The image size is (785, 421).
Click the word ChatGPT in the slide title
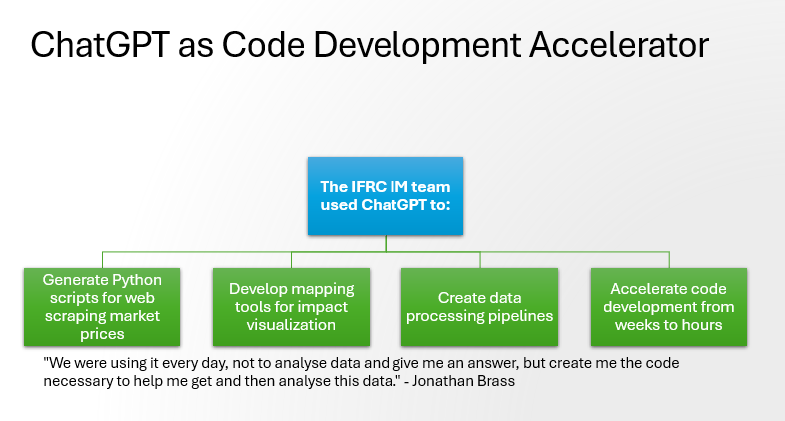click(x=100, y=44)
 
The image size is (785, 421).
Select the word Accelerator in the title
click(x=619, y=44)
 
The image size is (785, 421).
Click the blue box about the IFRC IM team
click(x=386, y=196)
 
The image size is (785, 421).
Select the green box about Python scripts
click(x=102, y=307)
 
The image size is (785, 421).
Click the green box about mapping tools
click(x=291, y=307)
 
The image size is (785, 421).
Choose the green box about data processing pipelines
click(x=479, y=307)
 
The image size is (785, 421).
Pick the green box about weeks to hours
click(x=669, y=307)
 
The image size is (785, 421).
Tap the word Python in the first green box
click(x=136, y=281)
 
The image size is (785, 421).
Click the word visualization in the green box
click(x=291, y=325)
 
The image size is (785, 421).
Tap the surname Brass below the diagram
click(x=496, y=381)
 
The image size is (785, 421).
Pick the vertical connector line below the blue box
click(x=386, y=243)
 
